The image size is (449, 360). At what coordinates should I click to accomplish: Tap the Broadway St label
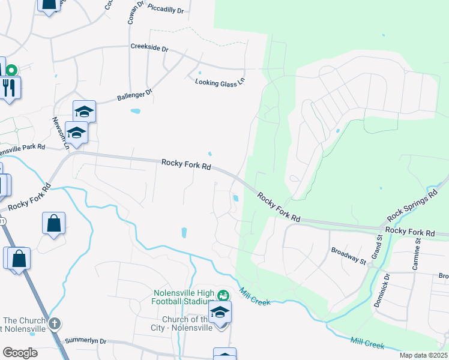tap(348, 256)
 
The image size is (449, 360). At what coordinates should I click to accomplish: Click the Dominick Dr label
tap(382, 290)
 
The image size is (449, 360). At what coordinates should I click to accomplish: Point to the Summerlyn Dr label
tap(85, 341)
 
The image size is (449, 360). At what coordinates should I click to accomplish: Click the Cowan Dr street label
tap(135, 12)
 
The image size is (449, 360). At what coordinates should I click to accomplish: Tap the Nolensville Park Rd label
tap(23, 148)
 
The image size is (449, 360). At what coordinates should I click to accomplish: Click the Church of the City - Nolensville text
tap(182, 323)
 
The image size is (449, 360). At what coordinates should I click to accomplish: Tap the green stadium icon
tap(223, 295)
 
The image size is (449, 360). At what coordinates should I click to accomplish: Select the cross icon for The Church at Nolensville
tap(55, 323)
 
